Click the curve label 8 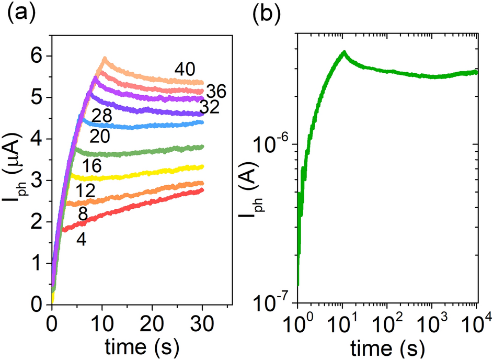(x=83, y=214)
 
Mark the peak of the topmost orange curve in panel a (x=105, y=58)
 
